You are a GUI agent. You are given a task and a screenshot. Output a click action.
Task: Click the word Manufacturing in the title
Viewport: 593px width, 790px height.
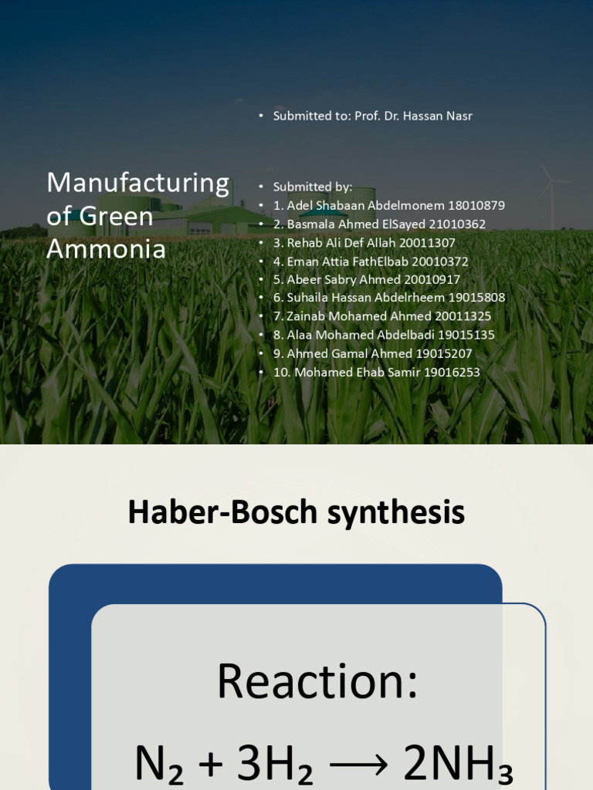pyautogui.click(x=137, y=183)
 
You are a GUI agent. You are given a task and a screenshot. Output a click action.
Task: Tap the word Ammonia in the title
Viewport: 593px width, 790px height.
pyautogui.click(x=106, y=248)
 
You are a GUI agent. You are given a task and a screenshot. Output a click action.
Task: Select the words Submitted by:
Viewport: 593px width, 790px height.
pyautogui.click(x=312, y=187)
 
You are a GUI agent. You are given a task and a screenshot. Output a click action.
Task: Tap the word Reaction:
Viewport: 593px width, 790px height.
pyautogui.click(x=317, y=680)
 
